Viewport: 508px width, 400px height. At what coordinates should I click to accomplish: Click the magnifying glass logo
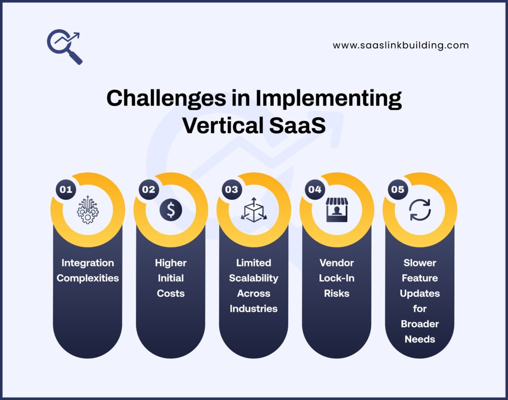pos(64,47)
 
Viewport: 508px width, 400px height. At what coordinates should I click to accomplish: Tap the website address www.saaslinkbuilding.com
pos(400,45)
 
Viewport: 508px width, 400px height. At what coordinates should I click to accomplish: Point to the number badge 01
pos(65,189)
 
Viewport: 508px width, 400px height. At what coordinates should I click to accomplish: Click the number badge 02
pos(148,189)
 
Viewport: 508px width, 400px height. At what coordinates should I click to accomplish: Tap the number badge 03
pos(232,189)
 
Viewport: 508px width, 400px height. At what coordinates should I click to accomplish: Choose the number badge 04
pos(315,189)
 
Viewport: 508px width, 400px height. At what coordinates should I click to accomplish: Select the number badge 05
pos(397,189)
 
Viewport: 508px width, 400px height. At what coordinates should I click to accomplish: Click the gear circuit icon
pos(87,210)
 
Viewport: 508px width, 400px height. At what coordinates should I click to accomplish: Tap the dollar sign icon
pos(171,210)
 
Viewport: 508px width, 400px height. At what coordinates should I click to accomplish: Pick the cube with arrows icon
pos(254,209)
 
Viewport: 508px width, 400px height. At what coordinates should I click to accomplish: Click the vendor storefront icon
pos(336,209)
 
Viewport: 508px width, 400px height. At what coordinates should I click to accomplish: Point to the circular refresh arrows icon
pos(420,210)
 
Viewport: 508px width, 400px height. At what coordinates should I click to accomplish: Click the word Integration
pos(87,263)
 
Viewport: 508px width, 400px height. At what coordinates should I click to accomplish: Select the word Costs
pos(171,293)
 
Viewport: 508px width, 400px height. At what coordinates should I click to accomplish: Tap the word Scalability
pos(254,278)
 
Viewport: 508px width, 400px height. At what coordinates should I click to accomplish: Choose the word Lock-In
pos(336,278)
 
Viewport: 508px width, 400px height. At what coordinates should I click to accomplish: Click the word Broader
pos(420,324)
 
